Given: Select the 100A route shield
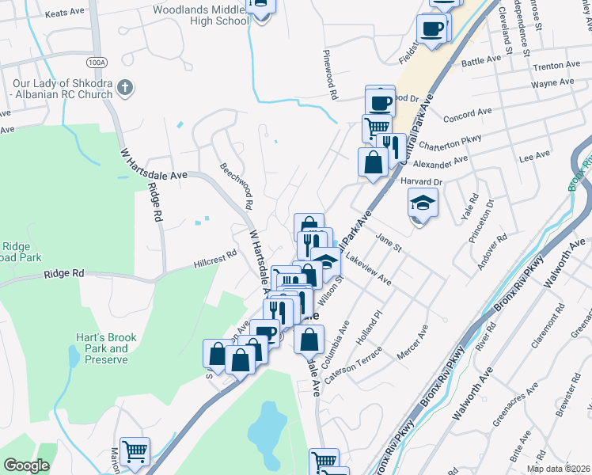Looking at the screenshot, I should click(97, 61).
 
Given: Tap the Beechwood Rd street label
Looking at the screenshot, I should click(237, 185).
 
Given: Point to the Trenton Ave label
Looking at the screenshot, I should click(552, 68).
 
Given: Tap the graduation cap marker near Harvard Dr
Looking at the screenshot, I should click(423, 205).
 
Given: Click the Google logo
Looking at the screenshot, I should click(27, 465).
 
